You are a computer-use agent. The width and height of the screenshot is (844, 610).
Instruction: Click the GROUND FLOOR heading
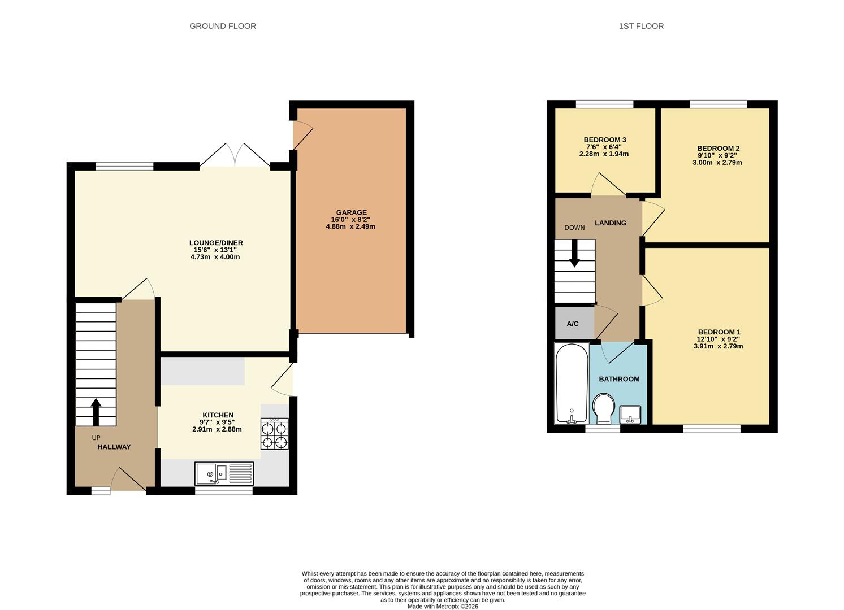coord(223,26)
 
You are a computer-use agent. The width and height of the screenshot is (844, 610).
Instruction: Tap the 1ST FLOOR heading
coord(641,26)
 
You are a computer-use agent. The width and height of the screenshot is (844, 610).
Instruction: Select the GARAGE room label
coord(351,212)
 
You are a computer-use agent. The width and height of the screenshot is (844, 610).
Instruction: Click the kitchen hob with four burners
coord(275,434)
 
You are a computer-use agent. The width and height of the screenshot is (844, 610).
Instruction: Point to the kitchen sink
coord(224,474)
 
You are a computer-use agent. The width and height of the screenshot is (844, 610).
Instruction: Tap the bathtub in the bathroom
coord(572,382)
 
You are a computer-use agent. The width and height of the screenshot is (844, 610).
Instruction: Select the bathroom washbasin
coord(630,415)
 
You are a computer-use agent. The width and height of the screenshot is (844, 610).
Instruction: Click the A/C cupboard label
coord(572,324)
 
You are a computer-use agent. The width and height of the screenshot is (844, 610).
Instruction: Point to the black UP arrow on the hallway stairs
coord(96,412)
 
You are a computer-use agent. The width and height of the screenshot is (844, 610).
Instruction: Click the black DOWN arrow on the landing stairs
coord(574,254)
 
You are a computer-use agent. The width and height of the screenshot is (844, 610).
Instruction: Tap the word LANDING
coord(611,223)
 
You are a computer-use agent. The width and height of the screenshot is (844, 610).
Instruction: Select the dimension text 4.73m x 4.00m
coord(215,257)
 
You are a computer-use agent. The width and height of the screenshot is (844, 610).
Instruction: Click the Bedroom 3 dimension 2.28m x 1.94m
coord(604,154)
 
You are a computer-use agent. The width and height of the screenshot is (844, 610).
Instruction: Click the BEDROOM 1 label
coord(719,332)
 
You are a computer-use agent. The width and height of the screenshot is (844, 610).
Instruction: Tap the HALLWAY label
coord(114,447)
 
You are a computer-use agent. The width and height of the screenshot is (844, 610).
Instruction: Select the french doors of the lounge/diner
coord(235,155)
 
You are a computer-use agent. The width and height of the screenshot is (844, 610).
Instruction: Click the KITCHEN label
coord(218,415)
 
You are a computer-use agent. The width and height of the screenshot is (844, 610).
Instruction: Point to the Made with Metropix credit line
coord(443,607)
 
